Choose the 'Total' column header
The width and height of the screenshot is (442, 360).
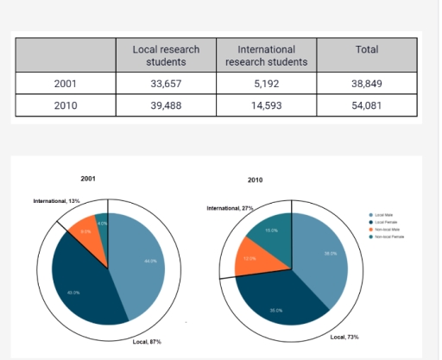coord(367,50)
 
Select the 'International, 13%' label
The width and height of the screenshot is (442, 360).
coord(56,200)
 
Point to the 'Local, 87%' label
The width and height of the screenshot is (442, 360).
coord(146,342)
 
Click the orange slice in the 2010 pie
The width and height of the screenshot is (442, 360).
coord(251,260)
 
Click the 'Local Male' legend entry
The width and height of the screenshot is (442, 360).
coord(384,214)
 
